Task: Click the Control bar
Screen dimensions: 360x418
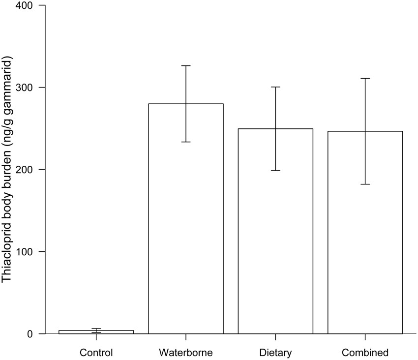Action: point(96,332)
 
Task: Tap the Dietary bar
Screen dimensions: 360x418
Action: point(275,231)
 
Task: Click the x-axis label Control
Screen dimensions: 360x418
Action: point(96,353)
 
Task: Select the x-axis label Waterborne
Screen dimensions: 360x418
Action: point(186,353)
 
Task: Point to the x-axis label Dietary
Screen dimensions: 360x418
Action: point(275,353)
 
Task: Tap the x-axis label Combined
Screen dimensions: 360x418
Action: point(365,353)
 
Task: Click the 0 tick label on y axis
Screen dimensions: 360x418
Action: point(30,334)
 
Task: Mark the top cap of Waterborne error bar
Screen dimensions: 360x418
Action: point(186,65)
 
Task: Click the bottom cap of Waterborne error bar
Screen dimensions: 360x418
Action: point(186,142)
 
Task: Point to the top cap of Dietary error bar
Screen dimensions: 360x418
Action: point(275,87)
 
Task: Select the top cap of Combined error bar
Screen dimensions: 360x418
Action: point(365,78)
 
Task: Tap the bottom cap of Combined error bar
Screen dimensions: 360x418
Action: point(365,184)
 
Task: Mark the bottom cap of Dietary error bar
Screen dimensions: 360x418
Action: point(275,170)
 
